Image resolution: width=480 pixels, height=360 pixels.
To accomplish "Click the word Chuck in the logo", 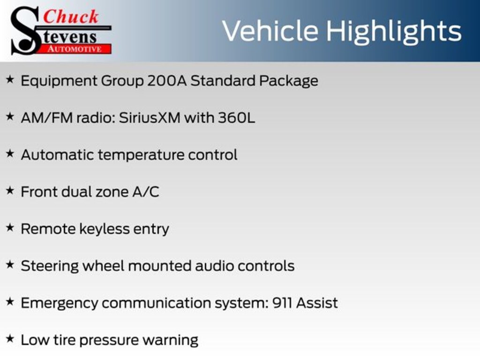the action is click(x=70, y=16).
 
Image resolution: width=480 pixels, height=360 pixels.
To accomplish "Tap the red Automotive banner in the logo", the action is click(x=75, y=49).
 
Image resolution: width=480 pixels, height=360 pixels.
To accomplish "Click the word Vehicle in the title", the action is click(x=270, y=30).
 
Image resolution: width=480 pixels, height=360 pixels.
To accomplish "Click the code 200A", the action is click(x=167, y=81).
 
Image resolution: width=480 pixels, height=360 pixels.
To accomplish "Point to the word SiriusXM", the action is click(x=150, y=118).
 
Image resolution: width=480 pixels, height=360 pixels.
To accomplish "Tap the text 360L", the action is click(x=236, y=118).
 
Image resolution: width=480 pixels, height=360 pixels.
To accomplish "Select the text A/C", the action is click(x=146, y=192).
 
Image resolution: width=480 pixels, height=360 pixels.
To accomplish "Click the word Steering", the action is click(x=50, y=266).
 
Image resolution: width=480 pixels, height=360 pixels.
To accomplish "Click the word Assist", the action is click(x=317, y=303).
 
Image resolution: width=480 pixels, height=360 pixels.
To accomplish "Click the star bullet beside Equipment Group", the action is click(x=10, y=80).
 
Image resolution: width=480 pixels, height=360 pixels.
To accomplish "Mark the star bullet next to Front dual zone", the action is click(x=10, y=191).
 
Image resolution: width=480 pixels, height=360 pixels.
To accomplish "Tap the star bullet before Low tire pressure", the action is click(x=10, y=339).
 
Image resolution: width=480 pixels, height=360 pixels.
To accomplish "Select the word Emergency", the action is click(x=60, y=304).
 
